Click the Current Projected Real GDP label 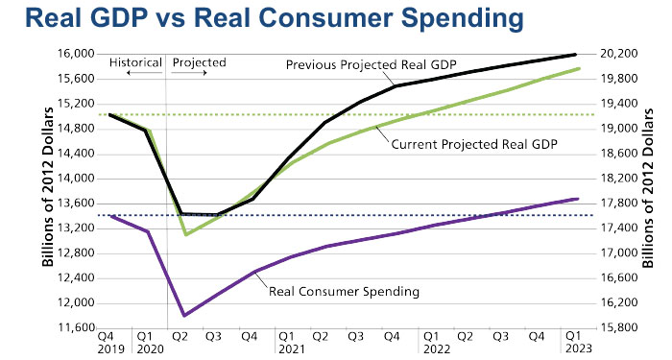click(474, 143)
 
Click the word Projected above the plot click(199, 62)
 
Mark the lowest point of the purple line click(183, 315)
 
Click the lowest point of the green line click(184, 234)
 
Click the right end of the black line click(576, 55)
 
